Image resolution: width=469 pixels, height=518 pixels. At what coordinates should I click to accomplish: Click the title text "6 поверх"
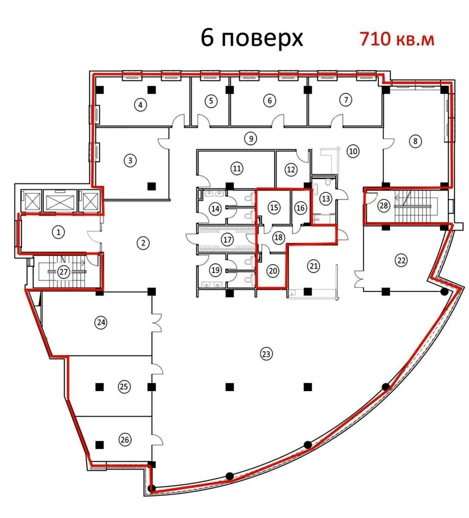pos(252,39)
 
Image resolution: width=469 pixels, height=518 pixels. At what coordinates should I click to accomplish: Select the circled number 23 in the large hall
pos(266,354)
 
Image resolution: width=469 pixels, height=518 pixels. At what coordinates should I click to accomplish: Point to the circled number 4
pos(140,105)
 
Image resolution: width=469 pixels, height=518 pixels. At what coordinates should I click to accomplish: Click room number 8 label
pos(415,141)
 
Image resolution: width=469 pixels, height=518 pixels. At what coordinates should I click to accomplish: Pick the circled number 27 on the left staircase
pos(64,272)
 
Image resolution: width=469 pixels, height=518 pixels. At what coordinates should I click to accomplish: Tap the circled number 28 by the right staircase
pos(384,205)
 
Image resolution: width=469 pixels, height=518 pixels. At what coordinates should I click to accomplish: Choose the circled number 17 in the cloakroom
pos(227,240)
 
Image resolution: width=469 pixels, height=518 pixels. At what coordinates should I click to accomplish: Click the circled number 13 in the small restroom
pos(326,199)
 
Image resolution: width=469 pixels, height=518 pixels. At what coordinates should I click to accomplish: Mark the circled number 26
pos(125,446)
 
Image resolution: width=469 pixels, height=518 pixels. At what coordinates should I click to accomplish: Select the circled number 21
pos(314,266)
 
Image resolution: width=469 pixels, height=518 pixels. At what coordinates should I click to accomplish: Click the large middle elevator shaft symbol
pos(60,202)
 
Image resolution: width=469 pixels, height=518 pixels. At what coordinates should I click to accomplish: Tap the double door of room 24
pos(157,323)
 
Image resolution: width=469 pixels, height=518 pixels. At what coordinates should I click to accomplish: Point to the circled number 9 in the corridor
pos(251,139)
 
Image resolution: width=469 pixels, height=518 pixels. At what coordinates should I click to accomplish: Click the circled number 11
pos(237,169)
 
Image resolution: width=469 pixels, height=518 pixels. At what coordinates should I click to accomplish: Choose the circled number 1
pos(59,232)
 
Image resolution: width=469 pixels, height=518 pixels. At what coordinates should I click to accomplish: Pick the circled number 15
pos(274,207)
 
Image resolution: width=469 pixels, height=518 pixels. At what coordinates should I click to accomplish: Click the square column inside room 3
pos(151,186)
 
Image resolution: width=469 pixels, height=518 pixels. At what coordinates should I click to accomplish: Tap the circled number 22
pos(401,260)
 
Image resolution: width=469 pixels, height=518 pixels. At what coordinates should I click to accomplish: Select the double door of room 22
pos(359,279)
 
